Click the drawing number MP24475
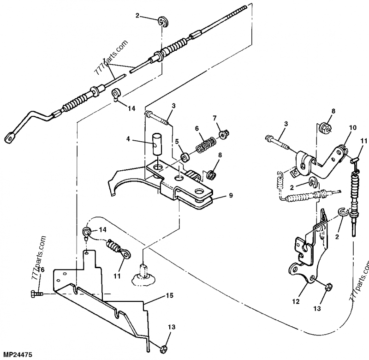coord(16,355)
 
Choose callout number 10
coord(352,127)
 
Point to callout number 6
coord(196,128)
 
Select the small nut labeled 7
coord(223,135)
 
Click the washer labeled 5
coord(184,157)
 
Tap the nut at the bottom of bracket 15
coord(163,348)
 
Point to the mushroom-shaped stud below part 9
coord(143,275)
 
